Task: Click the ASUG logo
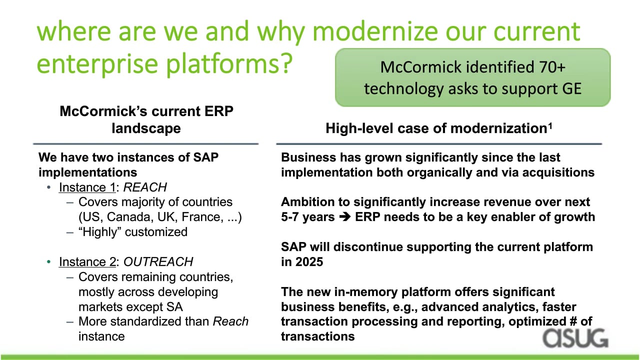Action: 575,338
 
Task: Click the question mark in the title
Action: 284,63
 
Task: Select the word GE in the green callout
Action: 571,88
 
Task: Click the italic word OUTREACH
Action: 158,261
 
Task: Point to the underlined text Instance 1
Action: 87,187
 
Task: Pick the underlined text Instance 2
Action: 87,262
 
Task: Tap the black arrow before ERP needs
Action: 345,217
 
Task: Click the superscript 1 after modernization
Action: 550,125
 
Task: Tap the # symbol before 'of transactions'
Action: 573,321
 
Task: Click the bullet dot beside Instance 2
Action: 49,261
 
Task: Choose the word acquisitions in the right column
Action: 558,172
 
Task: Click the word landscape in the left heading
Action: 146,128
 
